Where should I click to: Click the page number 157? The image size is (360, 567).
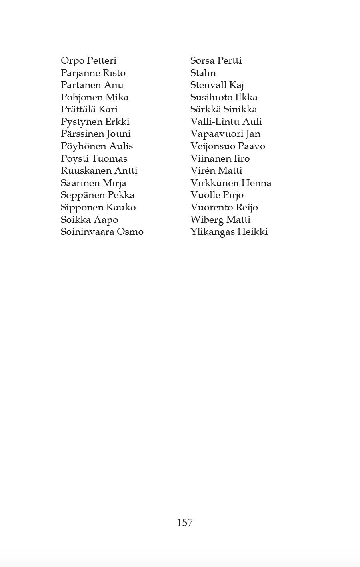185,523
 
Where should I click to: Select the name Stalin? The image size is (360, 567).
203,73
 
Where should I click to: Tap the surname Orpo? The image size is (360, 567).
72,61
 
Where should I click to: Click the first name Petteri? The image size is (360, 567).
102,61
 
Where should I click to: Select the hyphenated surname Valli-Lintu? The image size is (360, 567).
215,122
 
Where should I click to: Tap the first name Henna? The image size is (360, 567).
256,183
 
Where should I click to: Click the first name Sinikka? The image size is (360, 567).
240,110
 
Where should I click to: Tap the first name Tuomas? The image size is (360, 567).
109,158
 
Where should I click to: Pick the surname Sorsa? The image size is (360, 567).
202,61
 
